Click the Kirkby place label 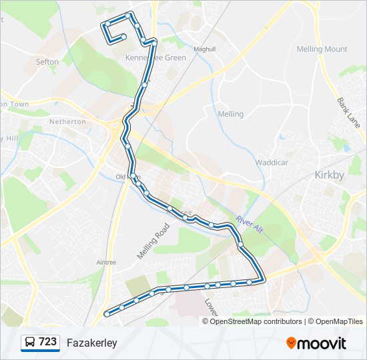tap(328, 175)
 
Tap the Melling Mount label tap(322, 49)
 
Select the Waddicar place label tap(270, 161)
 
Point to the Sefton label tap(47, 62)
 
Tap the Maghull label tap(205, 49)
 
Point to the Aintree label tap(106, 263)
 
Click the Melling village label tap(231, 114)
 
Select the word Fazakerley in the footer tap(92, 343)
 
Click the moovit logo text tap(322, 343)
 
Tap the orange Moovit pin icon tap(292, 343)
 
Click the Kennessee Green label tap(155, 58)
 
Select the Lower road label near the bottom tap(211, 307)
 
